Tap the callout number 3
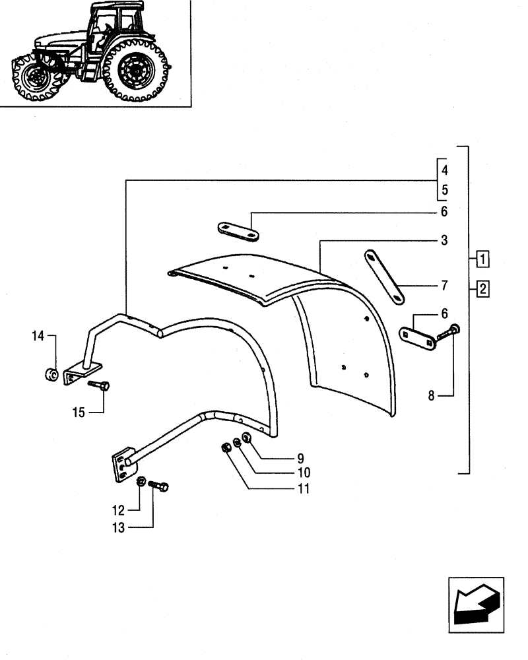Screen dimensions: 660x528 pyautogui.click(x=444, y=240)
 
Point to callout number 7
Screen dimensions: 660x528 pyautogui.click(x=444, y=286)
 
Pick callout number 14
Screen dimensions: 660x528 pyautogui.click(x=38, y=337)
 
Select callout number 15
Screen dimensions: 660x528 pyautogui.click(x=79, y=412)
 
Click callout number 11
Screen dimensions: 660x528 pyautogui.click(x=302, y=489)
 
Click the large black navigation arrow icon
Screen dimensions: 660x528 pyautogui.click(x=475, y=602)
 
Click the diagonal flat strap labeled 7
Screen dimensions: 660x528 pyautogui.click(x=385, y=277)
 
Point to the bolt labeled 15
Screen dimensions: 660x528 pyautogui.click(x=100, y=385)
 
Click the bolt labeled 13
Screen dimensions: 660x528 pyautogui.click(x=159, y=486)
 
